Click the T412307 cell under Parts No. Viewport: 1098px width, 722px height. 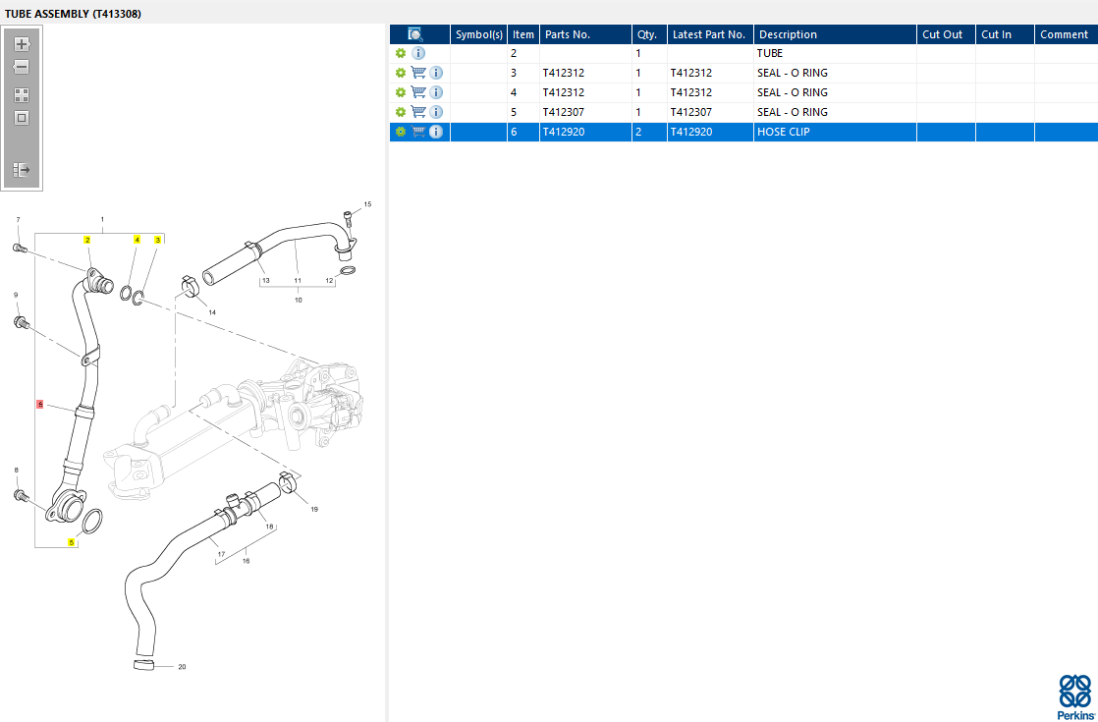pos(564,112)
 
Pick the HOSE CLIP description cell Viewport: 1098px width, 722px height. pos(784,132)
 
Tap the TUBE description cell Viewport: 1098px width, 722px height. pos(770,53)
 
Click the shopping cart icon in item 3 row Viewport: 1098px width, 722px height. pos(418,73)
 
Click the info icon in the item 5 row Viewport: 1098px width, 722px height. pos(435,112)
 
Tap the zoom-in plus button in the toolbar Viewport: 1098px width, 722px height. pos(22,44)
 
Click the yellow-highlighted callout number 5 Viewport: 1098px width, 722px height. pos(72,542)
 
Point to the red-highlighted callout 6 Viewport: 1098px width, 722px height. pos(40,404)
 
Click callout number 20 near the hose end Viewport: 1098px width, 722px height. pos(182,667)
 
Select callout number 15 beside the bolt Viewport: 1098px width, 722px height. pos(367,204)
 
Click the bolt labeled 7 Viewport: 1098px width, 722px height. pos(20,248)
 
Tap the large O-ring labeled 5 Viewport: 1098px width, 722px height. pos(92,521)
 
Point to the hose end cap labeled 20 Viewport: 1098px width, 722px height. pos(143,664)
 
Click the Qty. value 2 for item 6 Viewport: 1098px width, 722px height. pos(638,132)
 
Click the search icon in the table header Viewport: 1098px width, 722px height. pos(415,34)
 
